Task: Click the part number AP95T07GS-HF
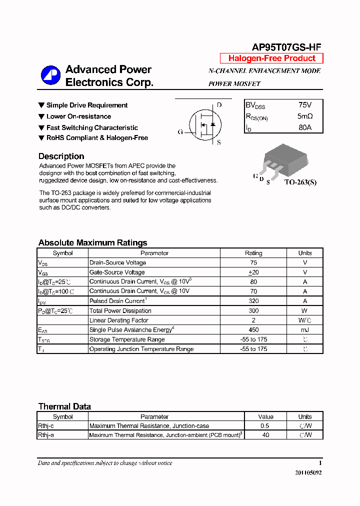coord(286,47)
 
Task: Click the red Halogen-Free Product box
coord(271,58)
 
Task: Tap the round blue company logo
coord(50,75)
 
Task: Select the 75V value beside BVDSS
coord(304,105)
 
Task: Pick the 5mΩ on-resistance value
coord(304,116)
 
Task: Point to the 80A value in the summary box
coord(304,127)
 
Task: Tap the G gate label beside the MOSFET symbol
coord(180,132)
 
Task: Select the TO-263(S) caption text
coord(300,182)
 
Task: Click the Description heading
coord(61,156)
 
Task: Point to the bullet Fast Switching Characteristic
coord(92,127)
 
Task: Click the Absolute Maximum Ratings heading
coord(92,243)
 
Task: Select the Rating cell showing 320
coord(253,301)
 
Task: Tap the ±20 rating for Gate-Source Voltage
coord(253,272)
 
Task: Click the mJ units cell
coord(305,330)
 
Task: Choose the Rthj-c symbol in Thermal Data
coord(46,426)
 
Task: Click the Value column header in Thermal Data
coord(265,416)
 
